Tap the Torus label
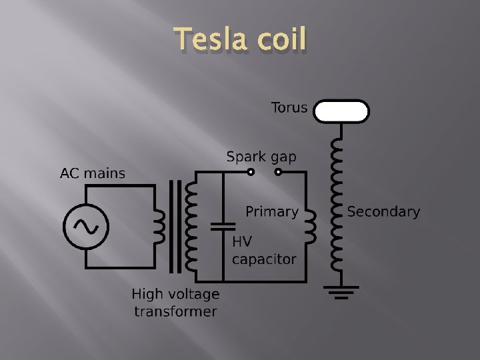[289, 107]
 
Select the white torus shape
[341, 111]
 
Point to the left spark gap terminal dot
[251, 172]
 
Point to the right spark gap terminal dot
[278, 172]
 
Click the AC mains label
[93, 174]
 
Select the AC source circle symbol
[86, 227]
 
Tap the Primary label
[271, 212]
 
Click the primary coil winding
[310, 226]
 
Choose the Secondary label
[383, 212]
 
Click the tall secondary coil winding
[337, 207]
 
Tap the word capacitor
[264, 259]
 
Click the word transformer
[175, 311]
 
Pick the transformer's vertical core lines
[175, 227]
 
